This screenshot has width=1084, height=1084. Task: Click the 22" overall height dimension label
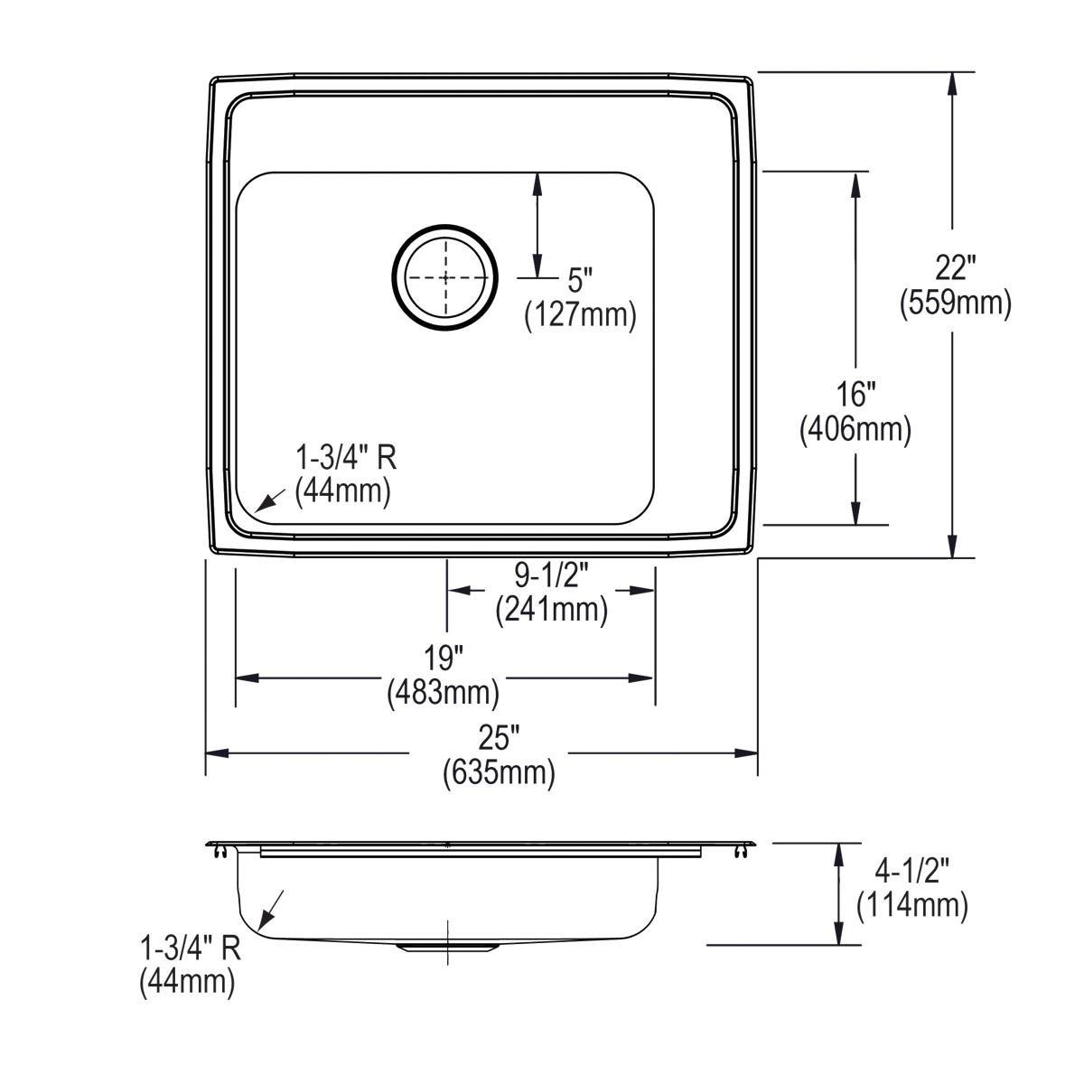tap(954, 267)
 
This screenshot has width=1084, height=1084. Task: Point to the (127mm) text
tap(581, 315)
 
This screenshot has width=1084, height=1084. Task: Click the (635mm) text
tap(499, 773)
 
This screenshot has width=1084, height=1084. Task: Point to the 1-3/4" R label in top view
tap(347, 458)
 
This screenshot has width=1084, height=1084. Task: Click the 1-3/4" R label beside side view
tap(190, 948)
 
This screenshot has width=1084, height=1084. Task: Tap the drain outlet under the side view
tap(447, 946)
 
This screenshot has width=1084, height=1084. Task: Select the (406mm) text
tap(855, 429)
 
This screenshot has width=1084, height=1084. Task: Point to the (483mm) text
tap(444, 692)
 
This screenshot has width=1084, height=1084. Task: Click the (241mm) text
tap(551, 610)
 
